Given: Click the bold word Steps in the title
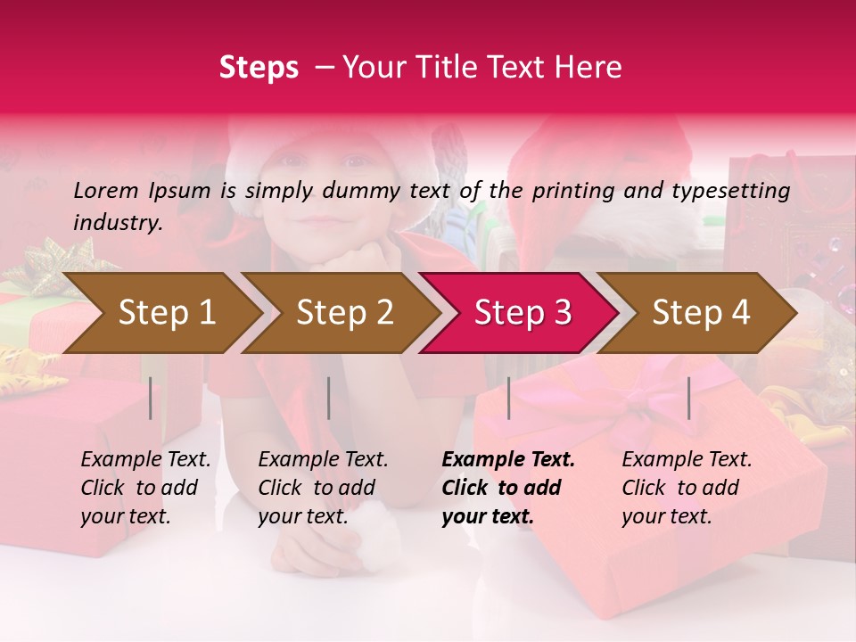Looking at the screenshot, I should click(x=259, y=68).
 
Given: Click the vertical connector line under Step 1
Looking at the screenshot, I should click(x=151, y=398).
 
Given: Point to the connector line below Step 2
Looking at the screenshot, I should click(x=329, y=398).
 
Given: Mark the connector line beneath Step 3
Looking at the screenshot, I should click(x=508, y=398).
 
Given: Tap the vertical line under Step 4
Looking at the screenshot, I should click(x=688, y=398).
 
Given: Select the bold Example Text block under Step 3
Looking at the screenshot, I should click(x=508, y=488).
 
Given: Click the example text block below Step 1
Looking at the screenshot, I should click(x=145, y=488).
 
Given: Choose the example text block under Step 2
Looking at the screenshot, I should click(x=323, y=488).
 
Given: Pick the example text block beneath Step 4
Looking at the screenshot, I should click(x=687, y=488).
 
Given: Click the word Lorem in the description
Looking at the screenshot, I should click(x=106, y=190).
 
